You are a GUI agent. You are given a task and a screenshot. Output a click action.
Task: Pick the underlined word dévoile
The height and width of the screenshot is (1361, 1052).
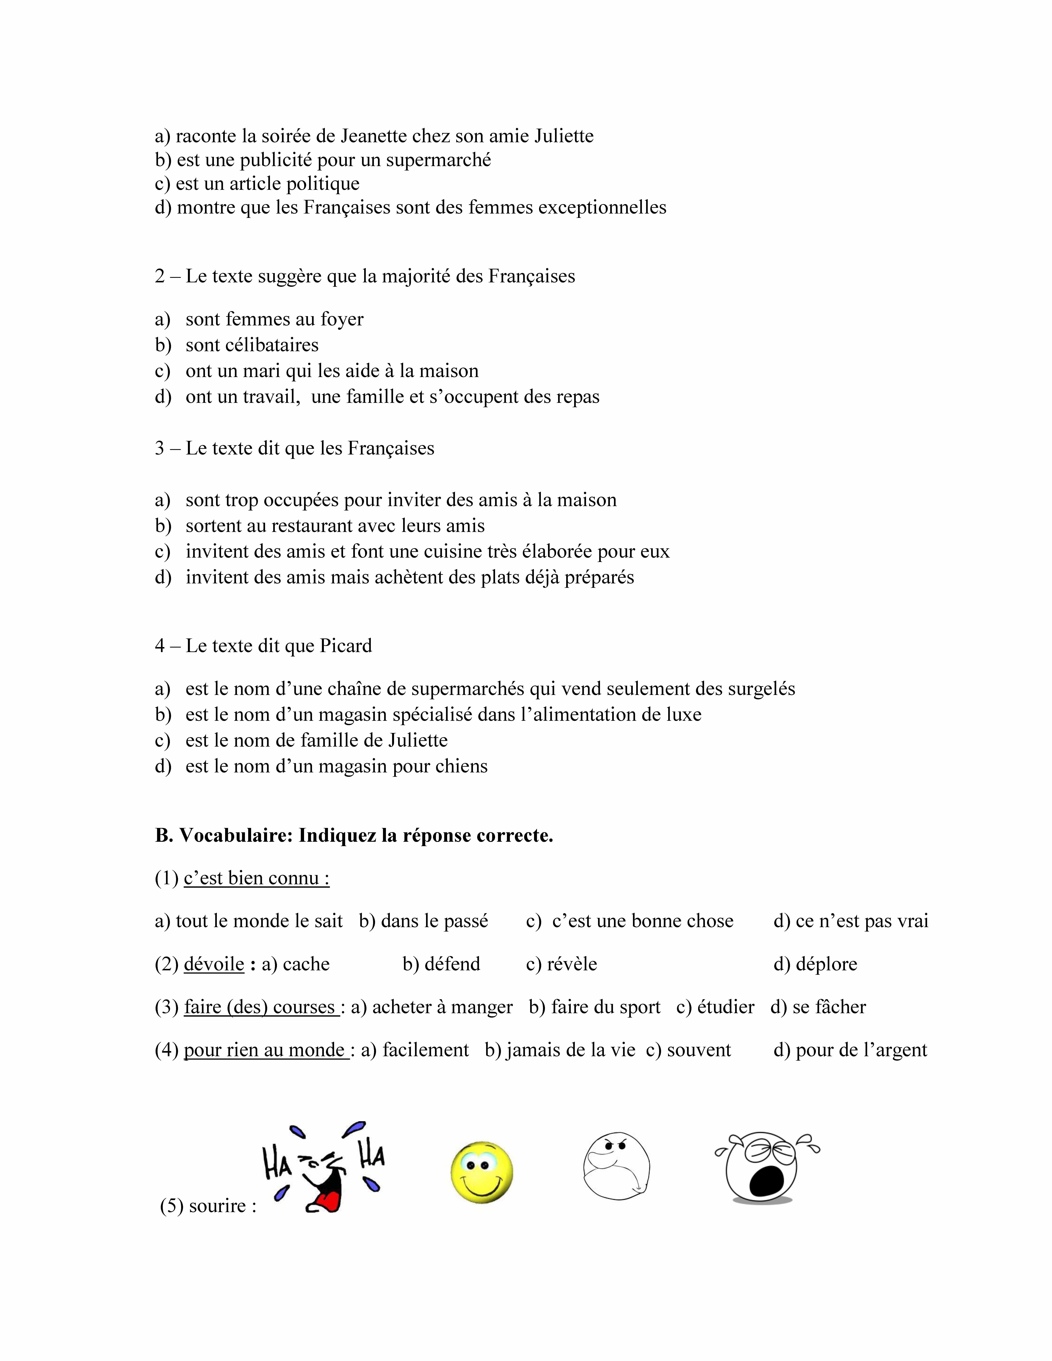click(214, 964)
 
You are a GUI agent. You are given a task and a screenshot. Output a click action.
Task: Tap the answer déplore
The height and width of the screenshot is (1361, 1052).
click(826, 964)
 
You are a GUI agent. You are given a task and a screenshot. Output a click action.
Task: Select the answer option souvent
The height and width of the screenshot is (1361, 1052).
click(699, 1050)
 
